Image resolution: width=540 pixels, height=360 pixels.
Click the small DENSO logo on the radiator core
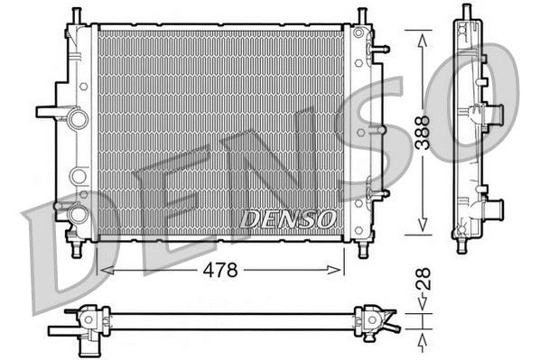(x=288, y=218)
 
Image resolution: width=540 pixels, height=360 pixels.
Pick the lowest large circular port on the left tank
(x=78, y=215)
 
